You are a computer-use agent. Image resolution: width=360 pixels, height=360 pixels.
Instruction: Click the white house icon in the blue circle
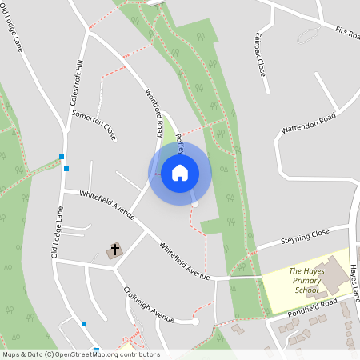coord(179,172)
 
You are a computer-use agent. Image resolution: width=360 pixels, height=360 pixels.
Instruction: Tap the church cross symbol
coord(114,250)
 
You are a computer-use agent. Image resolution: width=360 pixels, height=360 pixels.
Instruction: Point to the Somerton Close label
coord(94,126)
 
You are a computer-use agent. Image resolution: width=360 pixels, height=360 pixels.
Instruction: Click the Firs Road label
coord(347,34)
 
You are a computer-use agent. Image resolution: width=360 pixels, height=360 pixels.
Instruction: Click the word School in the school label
coord(306,290)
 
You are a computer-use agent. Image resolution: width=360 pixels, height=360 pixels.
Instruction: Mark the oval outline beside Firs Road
coord(307,36)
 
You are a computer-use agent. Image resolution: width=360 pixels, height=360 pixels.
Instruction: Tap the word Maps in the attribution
coord(12,354)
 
